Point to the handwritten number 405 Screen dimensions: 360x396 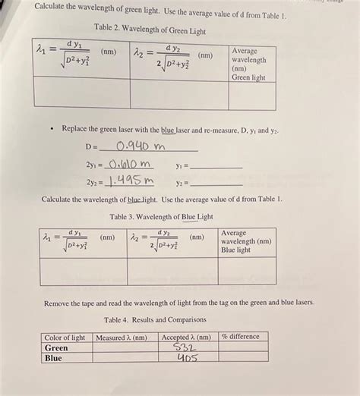187,358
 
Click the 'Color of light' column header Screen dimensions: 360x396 65,337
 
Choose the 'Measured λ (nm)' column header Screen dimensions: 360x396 122,337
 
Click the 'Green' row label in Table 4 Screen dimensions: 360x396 57,347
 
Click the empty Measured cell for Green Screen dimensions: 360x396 122,347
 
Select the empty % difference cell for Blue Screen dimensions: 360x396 242,358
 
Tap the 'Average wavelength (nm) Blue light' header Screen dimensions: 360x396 245,241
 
